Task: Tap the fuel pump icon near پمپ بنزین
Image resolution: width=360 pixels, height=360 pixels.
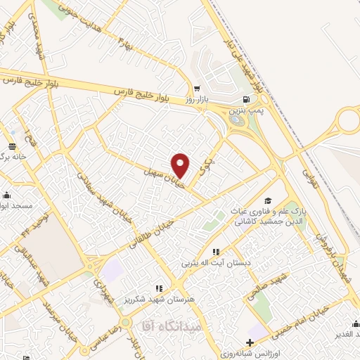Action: click(245, 99)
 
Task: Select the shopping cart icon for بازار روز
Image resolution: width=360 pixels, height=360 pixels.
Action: click(198, 89)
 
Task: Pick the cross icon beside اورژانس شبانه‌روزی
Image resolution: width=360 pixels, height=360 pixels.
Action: click(251, 342)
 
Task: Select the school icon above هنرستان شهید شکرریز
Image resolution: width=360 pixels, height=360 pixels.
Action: click(159, 288)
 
